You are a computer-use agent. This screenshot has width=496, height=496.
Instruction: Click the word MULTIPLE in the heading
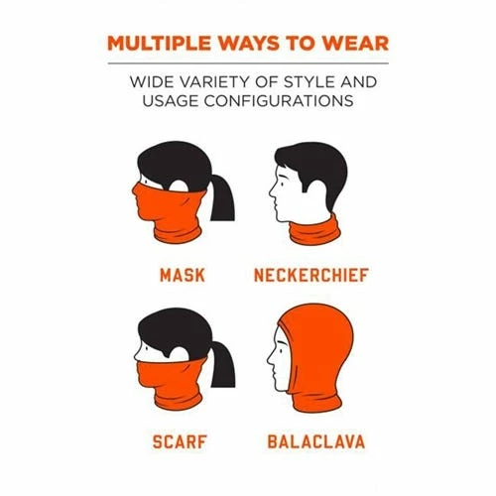pyautogui.click(x=160, y=44)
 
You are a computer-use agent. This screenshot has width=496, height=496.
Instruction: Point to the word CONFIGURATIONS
pyautogui.click(x=279, y=100)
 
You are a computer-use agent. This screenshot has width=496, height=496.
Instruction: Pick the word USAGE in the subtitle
pyautogui.click(x=170, y=100)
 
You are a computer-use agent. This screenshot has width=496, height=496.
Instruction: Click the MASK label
pyautogui.click(x=183, y=276)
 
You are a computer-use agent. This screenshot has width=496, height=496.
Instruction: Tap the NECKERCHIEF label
pyautogui.click(x=311, y=276)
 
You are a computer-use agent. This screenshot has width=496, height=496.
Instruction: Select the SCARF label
pyautogui.click(x=180, y=441)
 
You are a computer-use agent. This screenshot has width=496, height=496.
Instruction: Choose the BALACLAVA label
pyautogui.click(x=316, y=441)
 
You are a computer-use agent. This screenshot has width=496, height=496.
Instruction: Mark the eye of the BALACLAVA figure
pyautogui.click(x=282, y=349)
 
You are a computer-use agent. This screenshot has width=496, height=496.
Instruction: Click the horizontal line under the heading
pyautogui.click(x=248, y=62)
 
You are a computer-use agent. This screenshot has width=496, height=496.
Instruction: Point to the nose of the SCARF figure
pyautogui.click(x=137, y=355)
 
